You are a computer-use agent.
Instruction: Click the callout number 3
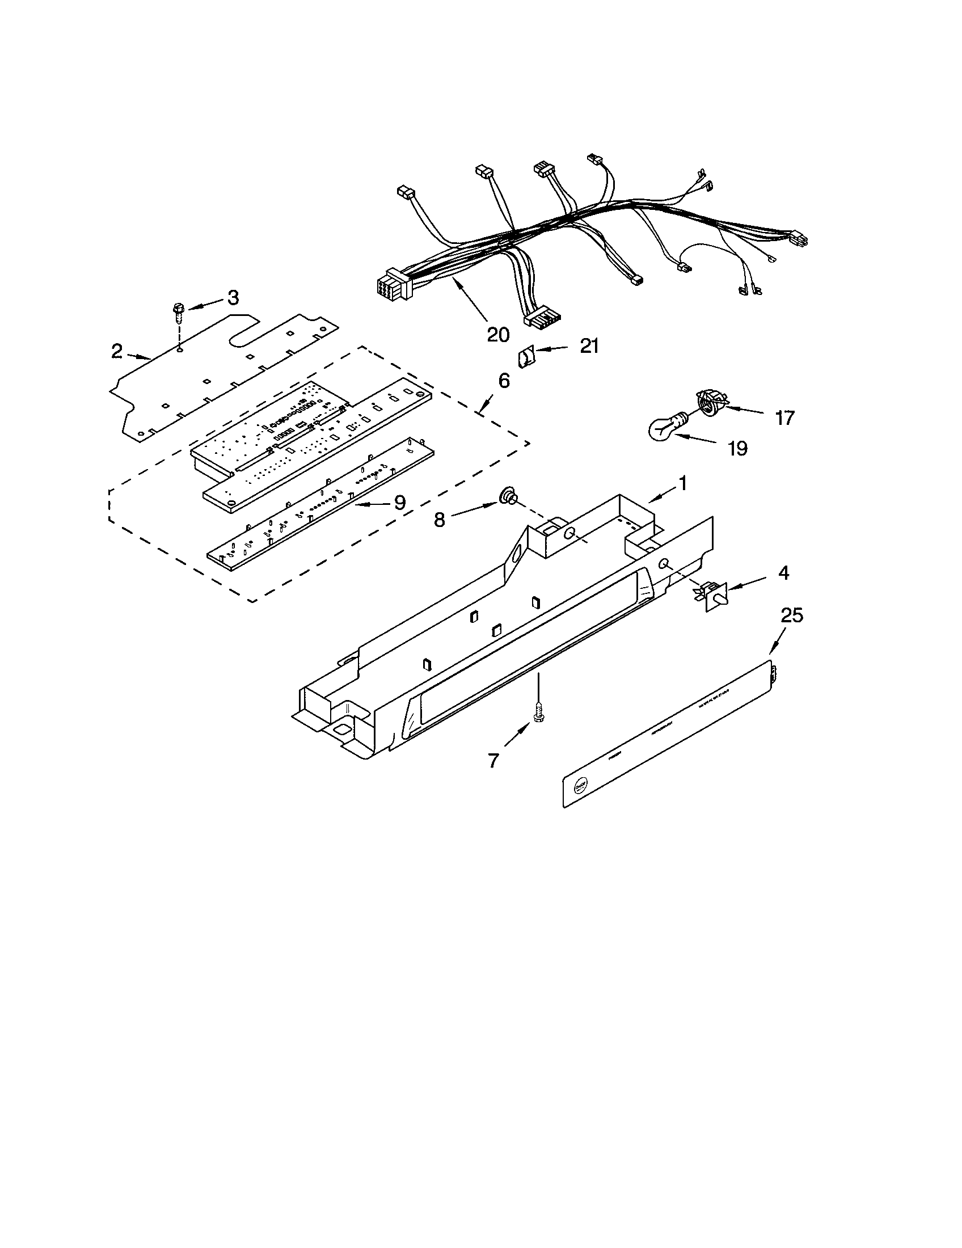point(233,298)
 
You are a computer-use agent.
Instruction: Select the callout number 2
point(116,351)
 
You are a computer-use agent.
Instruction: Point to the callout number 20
point(498,334)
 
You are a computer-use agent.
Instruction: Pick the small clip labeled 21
point(525,359)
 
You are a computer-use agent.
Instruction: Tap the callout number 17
point(785,418)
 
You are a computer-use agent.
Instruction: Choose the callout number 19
point(737,449)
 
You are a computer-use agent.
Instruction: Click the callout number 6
point(504,381)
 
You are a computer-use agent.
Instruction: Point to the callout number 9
point(399,502)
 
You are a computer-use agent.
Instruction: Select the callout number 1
point(682,483)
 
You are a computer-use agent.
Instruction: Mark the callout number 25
point(792,615)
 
